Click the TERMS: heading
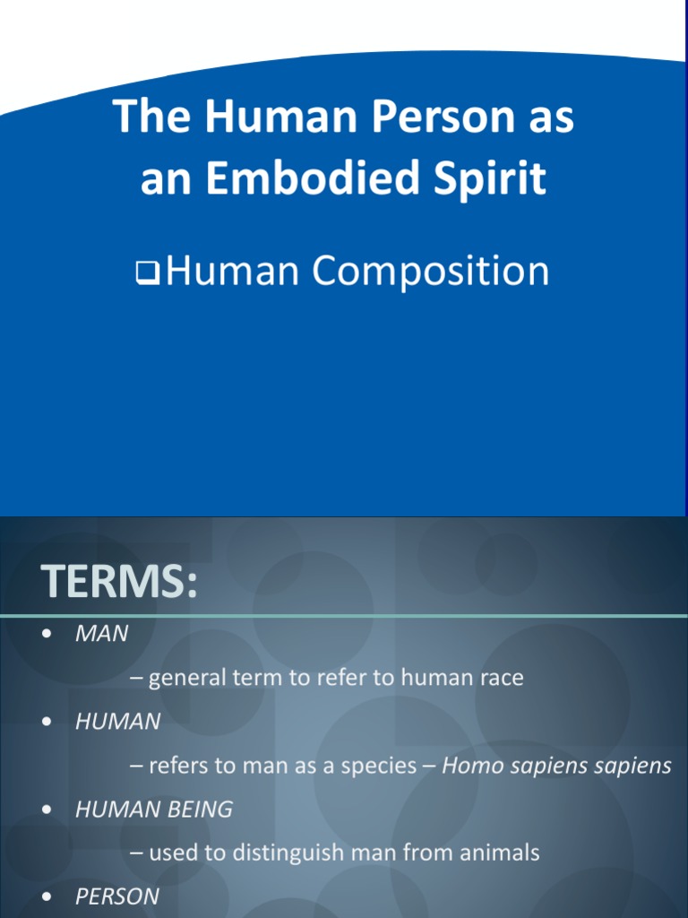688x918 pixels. pyautogui.click(x=117, y=583)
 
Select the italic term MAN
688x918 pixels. pyautogui.click(x=102, y=634)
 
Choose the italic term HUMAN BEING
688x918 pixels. pyautogui.click(x=154, y=810)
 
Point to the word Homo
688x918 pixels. pyautogui.click(x=469, y=766)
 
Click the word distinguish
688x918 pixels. pyautogui.click(x=275, y=853)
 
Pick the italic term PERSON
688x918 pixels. pyautogui.click(x=117, y=896)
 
